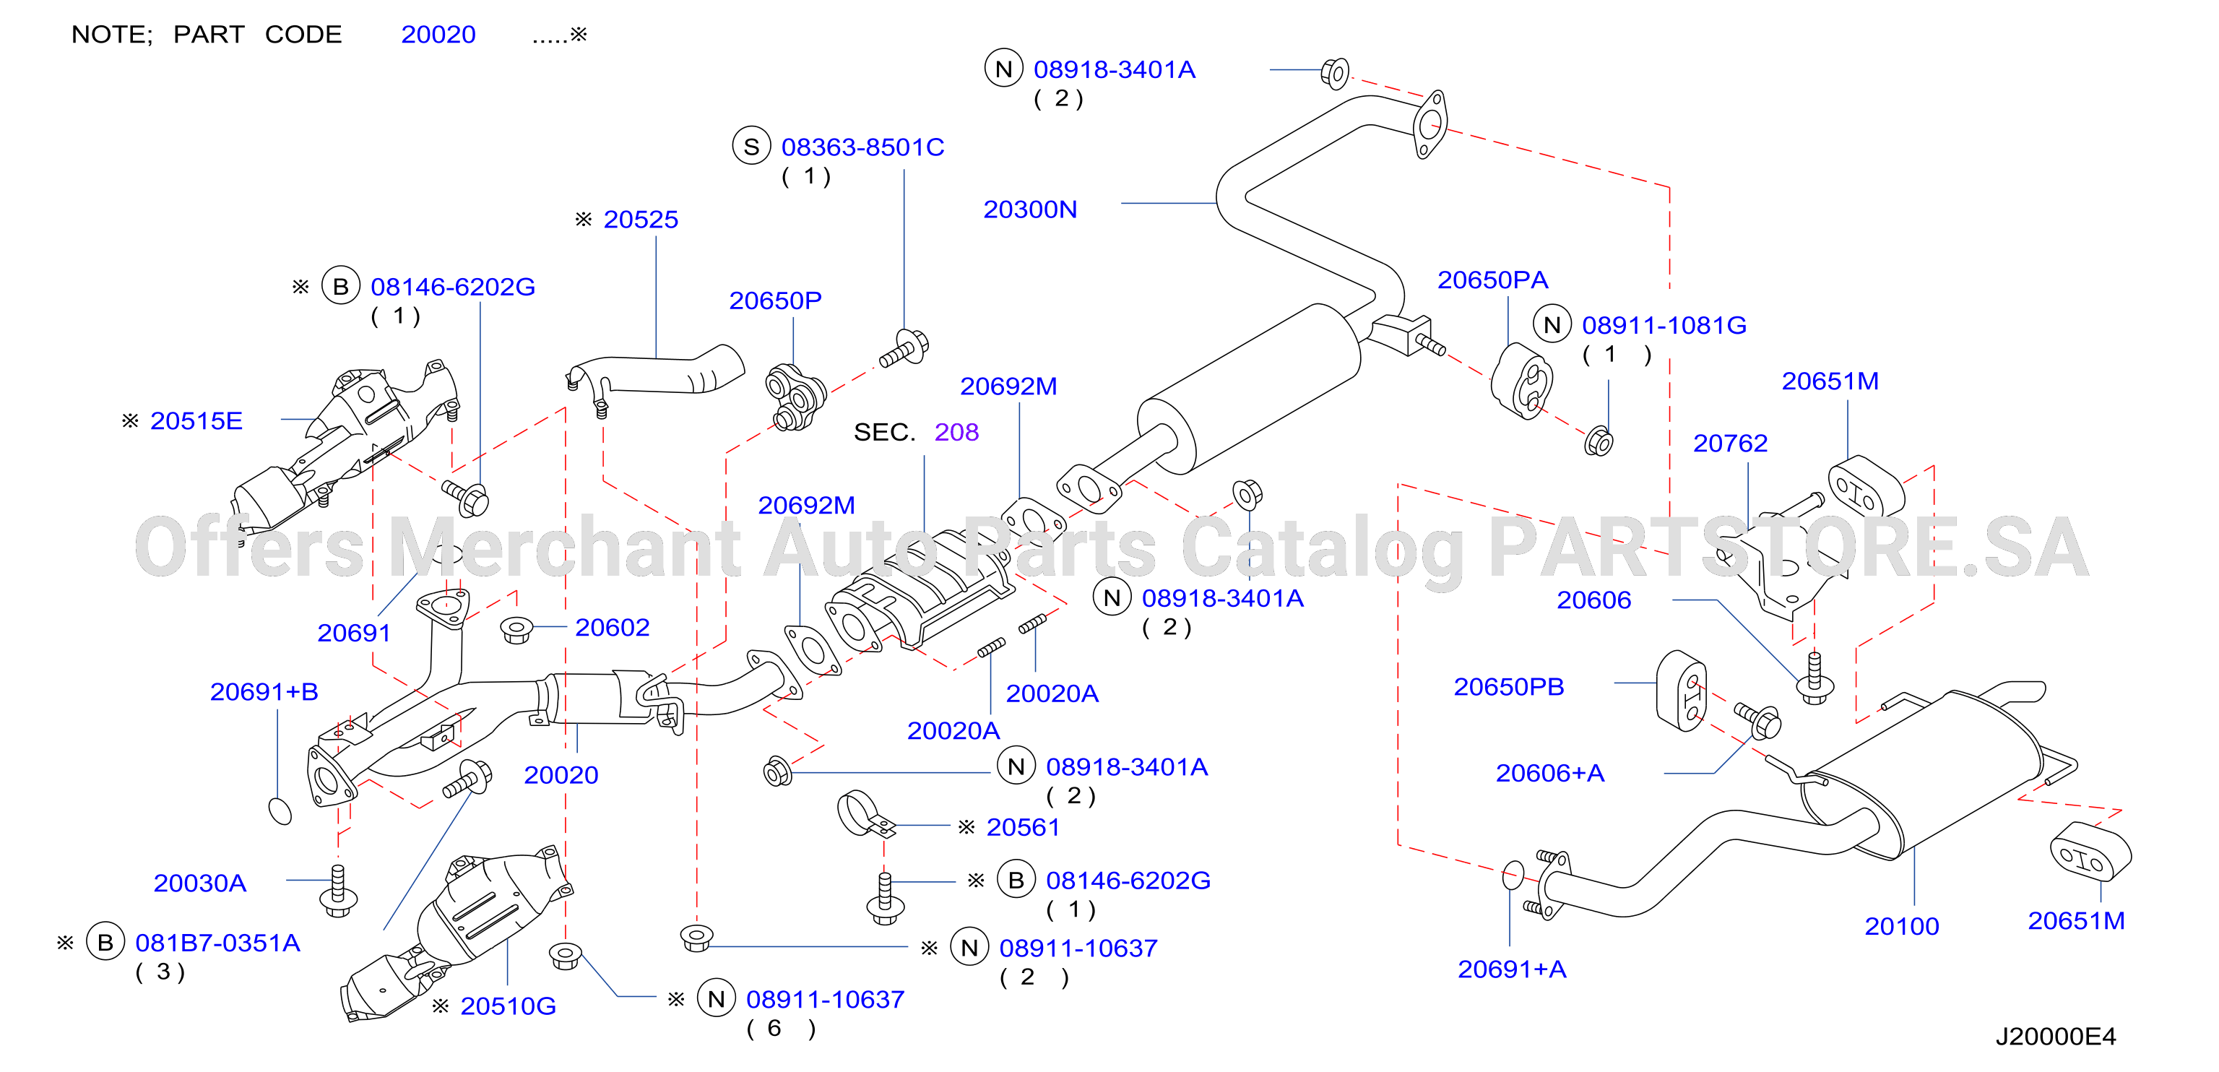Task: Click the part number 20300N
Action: click(1030, 209)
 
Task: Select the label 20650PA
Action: click(1493, 280)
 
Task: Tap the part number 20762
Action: click(1731, 443)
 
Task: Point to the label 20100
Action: click(1902, 926)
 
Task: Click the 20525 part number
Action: click(641, 220)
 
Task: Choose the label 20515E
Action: click(196, 420)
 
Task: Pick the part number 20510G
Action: click(509, 1006)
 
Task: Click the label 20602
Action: click(613, 627)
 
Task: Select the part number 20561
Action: click(1023, 827)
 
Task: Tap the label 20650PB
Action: click(1509, 687)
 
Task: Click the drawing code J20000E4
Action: click(2055, 1037)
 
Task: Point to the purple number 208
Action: click(957, 432)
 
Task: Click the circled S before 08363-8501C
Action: click(751, 147)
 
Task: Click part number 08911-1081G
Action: click(1664, 326)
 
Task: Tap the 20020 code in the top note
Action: click(438, 35)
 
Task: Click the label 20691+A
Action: click(1512, 969)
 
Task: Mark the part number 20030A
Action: click(200, 883)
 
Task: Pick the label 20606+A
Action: click(1549, 773)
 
